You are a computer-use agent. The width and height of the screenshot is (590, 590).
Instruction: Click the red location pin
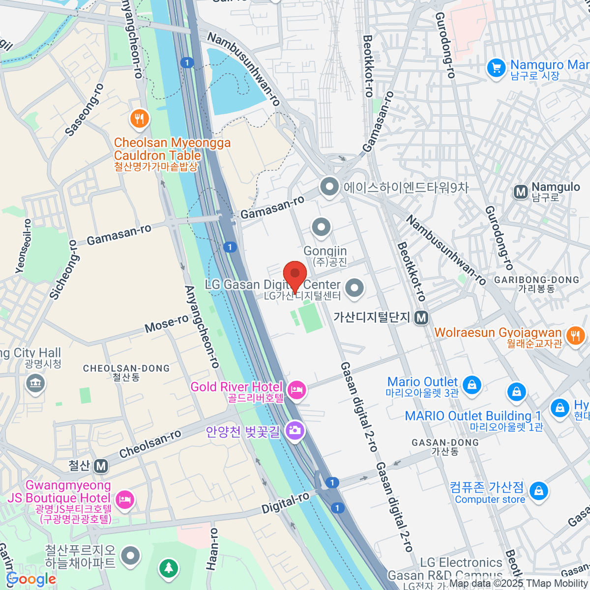click(x=295, y=274)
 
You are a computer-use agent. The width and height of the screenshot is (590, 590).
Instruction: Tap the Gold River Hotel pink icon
click(x=296, y=391)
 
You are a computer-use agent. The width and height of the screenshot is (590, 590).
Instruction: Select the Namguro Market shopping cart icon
click(x=496, y=68)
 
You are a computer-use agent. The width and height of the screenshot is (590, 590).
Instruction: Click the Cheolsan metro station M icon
click(x=101, y=466)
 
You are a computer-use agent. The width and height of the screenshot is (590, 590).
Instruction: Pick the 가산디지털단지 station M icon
click(x=421, y=318)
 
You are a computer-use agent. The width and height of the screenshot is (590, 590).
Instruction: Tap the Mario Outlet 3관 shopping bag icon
click(x=472, y=384)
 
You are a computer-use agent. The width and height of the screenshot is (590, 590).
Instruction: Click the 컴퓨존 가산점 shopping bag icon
click(x=539, y=491)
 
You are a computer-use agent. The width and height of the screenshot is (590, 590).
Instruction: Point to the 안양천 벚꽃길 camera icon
click(x=295, y=431)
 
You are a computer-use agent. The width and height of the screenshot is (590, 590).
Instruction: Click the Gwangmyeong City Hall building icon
click(x=34, y=383)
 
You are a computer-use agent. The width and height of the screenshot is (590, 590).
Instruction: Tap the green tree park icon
click(x=169, y=568)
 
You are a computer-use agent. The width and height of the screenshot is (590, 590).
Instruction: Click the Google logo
click(x=30, y=579)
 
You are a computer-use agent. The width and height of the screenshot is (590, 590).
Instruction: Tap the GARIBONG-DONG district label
click(x=537, y=280)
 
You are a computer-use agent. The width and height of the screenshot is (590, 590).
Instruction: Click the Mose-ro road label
click(x=167, y=324)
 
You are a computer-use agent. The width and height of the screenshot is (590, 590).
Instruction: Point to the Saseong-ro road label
click(x=85, y=110)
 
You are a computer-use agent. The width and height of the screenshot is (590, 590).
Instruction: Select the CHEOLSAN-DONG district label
click(x=126, y=368)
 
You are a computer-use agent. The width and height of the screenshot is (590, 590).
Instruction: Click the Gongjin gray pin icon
click(x=322, y=227)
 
